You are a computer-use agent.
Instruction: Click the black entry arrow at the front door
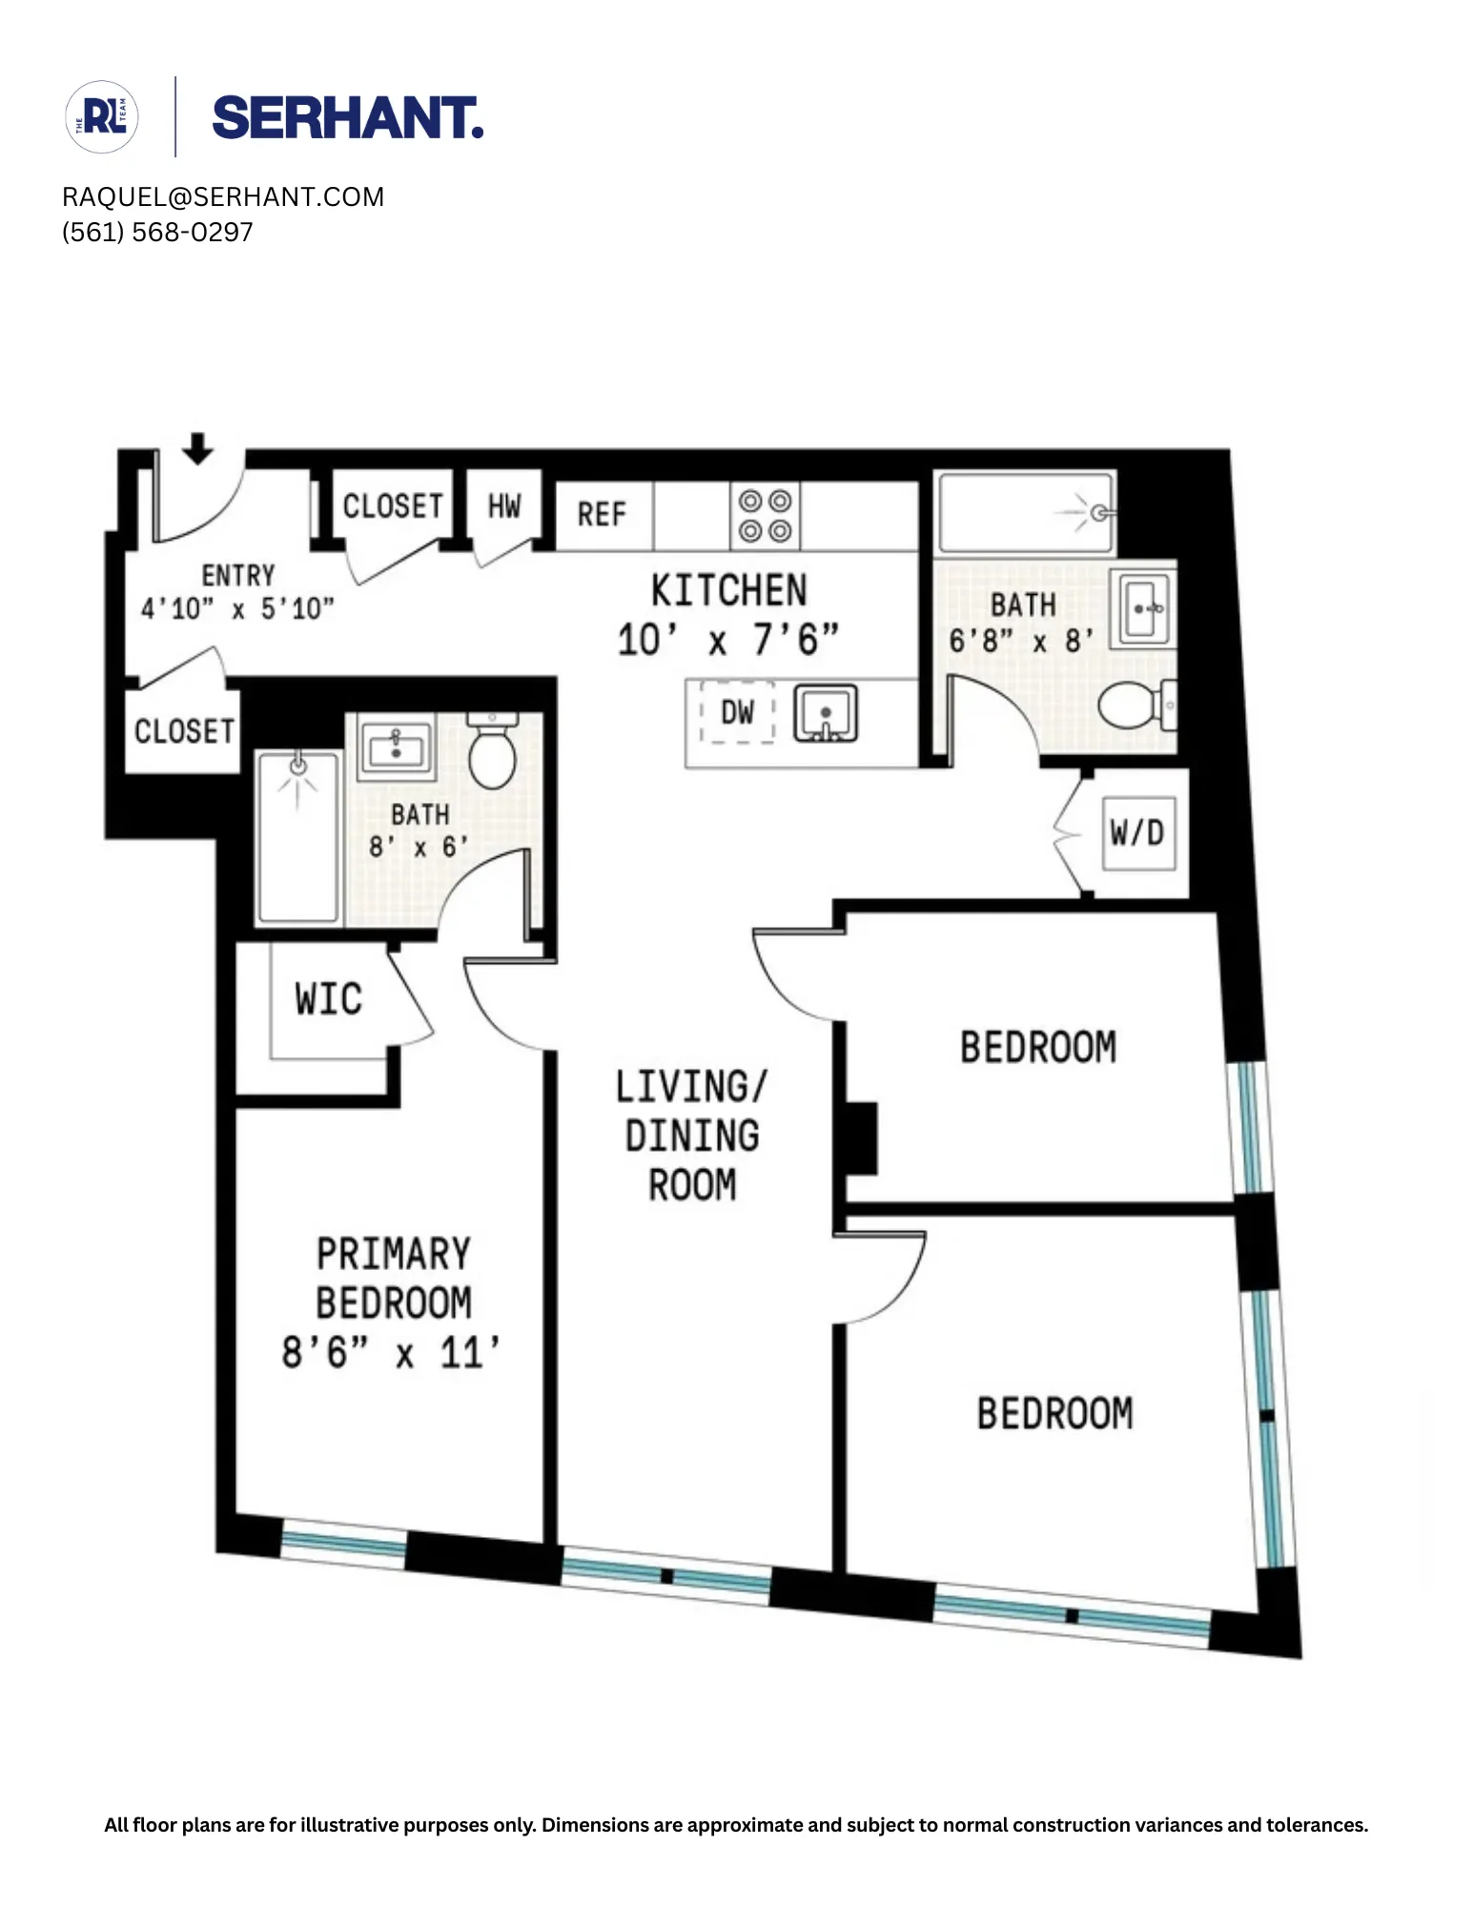click(x=197, y=448)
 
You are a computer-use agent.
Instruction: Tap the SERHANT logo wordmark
click(x=347, y=118)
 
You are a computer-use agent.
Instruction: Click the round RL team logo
click(x=102, y=117)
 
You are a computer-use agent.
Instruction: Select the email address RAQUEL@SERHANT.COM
click(x=223, y=197)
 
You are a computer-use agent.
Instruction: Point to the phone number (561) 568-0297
click(x=157, y=233)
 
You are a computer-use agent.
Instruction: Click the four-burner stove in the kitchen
click(x=765, y=516)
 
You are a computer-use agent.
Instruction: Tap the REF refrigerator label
click(x=602, y=515)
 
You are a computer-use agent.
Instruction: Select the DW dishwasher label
click(x=737, y=712)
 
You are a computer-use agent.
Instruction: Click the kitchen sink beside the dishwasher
click(x=826, y=714)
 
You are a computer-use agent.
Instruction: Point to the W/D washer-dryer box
click(x=1137, y=833)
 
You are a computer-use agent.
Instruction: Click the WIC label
click(x=329, y=999)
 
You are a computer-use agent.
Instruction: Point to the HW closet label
click(x=504, y=506)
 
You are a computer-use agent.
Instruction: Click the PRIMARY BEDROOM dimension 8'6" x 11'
click(x=391, y=1353)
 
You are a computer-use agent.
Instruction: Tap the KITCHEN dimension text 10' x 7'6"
click(x=728, y=640)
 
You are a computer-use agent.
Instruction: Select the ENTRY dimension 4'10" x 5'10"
click(x=237, y=608)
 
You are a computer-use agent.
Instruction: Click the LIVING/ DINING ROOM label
click(x=691, y=1136)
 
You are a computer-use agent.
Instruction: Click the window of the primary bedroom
click(x=344, y=1542)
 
